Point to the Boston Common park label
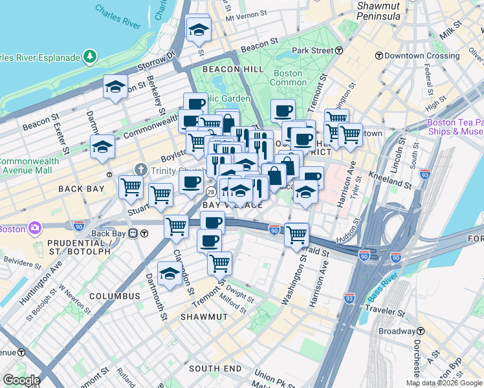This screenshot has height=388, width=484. pos(288,78)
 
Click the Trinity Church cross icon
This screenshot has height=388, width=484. pos(140,170)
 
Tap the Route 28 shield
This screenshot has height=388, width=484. pos(211,193)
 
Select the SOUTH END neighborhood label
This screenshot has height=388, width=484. pos(215,369)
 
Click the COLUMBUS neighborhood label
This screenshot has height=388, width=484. pos(115,296)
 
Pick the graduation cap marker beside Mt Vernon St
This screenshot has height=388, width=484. pos(199,28)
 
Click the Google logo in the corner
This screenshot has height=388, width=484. pos(21,380)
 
